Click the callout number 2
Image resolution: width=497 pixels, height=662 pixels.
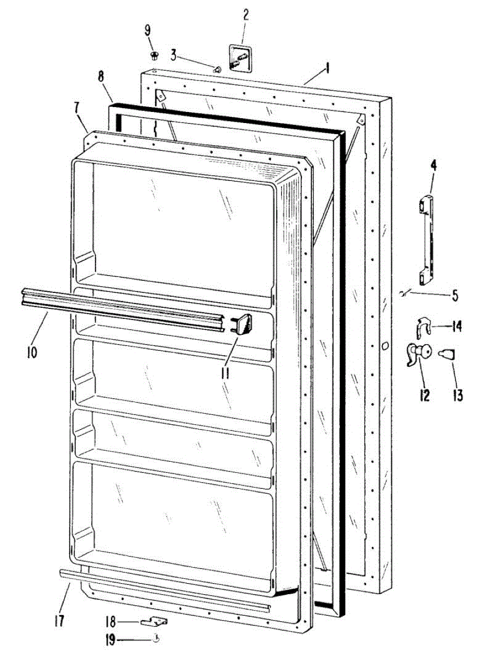[x=246, y=14]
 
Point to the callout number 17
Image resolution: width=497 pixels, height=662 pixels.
[x=60, y=621]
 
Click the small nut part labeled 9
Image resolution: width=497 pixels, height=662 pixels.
[x=154, y=55]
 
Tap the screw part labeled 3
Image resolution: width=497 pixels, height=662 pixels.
[x=217, y=70]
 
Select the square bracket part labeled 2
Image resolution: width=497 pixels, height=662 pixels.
[x=240, y=58]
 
